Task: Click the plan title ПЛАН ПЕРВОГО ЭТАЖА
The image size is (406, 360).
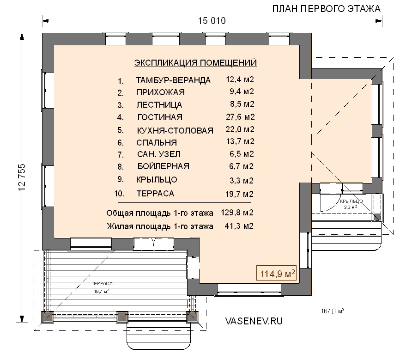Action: [x=326, y=9]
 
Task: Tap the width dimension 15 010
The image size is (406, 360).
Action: [x=212, y=21]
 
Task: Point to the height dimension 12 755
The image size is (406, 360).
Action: [x=22, y=177]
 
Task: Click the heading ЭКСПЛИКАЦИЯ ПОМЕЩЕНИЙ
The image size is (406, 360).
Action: [x=195, y=63]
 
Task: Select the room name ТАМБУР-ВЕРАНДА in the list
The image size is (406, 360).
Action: [x=173, y=80]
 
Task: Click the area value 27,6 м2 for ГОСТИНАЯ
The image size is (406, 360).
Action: [x=240, y=117]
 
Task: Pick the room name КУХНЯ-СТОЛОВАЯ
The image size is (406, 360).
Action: [x=175, y=130]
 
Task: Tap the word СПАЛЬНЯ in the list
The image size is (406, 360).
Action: [x=157, y=142]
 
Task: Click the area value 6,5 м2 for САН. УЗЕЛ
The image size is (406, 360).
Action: [x=242, y=154]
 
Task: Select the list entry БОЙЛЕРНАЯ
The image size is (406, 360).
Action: [x=164, y=166]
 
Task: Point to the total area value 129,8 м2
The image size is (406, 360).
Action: [x=237, y=213]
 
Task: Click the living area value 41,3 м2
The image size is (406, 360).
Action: [x=239, y=226]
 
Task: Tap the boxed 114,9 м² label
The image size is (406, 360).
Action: [x=276, y=273]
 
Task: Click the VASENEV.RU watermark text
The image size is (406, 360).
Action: [x=254, y=321]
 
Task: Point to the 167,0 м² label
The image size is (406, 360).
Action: [x=333, y=311]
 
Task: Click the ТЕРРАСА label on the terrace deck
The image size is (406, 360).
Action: [x=102, y=284]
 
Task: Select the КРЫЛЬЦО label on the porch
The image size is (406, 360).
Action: [x=351, y=201]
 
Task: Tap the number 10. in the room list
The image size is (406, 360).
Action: [x=119, y=194]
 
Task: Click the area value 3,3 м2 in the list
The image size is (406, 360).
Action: [x=241, y=180]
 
